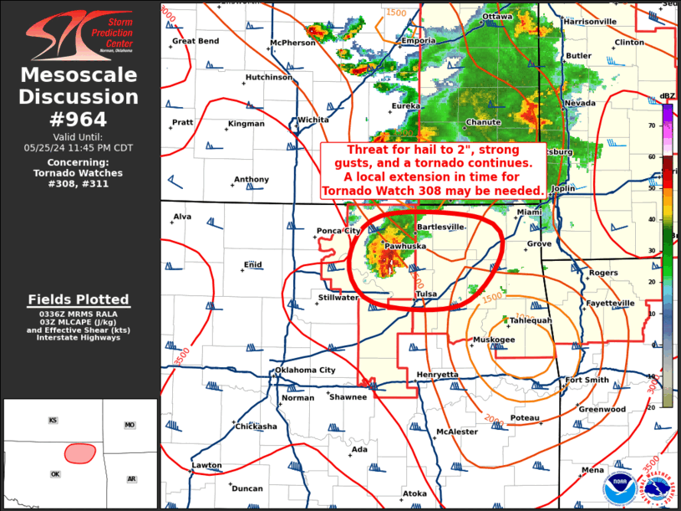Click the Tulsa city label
tap(426, 294)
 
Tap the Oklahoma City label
tap(305, 370)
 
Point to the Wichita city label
tap(313, 120)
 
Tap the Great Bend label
tap(196, 41)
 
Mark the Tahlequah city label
tap(531, 320)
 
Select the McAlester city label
tap(457, 432)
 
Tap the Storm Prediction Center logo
tap(79, 31)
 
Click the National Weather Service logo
tap(659, 483)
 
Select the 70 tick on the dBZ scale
tap(652, 125)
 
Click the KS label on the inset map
tap(53, 421)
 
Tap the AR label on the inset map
tap(131, 479)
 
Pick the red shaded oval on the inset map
tap(79, 452)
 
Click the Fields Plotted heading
tap(79, 299)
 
